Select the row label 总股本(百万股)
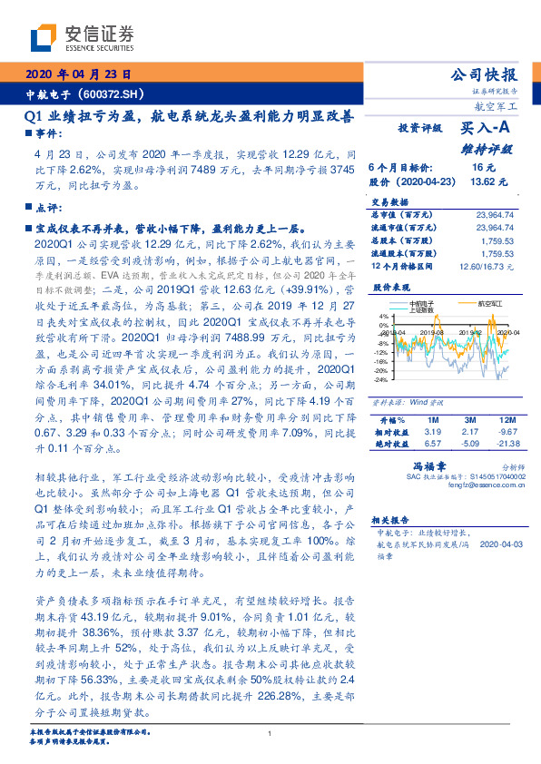click(400, 241)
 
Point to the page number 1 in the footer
click(270, 734)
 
